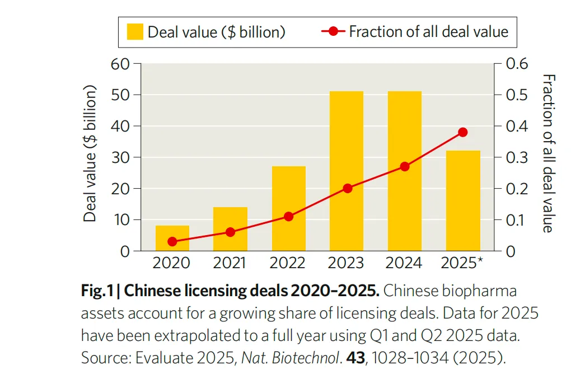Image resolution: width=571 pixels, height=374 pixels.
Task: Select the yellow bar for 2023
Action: click(x=347, y=171)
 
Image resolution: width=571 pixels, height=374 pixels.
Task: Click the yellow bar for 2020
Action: click(x=172, y=238)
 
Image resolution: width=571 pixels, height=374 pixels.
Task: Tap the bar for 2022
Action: click(x=289, y=208)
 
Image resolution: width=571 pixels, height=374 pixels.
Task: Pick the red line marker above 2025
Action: click(x=462, y=132)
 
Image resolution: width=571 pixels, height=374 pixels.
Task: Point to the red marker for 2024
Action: click(x=405, y=166)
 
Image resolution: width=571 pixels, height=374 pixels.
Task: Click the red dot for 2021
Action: click(x=230, y=232)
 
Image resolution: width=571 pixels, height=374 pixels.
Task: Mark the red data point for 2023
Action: click(x=347, y=188)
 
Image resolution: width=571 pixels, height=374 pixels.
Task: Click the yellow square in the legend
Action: click(x=135, y=32)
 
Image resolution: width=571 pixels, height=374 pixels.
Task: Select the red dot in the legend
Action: click(x=334, y=31)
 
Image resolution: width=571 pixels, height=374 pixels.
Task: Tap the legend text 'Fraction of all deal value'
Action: click(x=428, y=31)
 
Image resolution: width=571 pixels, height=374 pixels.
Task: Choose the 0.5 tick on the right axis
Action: click(x=517, y=95)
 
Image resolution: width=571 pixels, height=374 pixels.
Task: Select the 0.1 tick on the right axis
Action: click(x=517, y=219)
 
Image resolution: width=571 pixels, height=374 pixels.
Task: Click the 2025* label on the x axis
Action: click(x=462, y=263)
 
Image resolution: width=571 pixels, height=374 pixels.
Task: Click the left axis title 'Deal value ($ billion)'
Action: click(x=90, y=154)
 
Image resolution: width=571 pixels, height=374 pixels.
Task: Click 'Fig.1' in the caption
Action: click(x=97, y=291)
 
